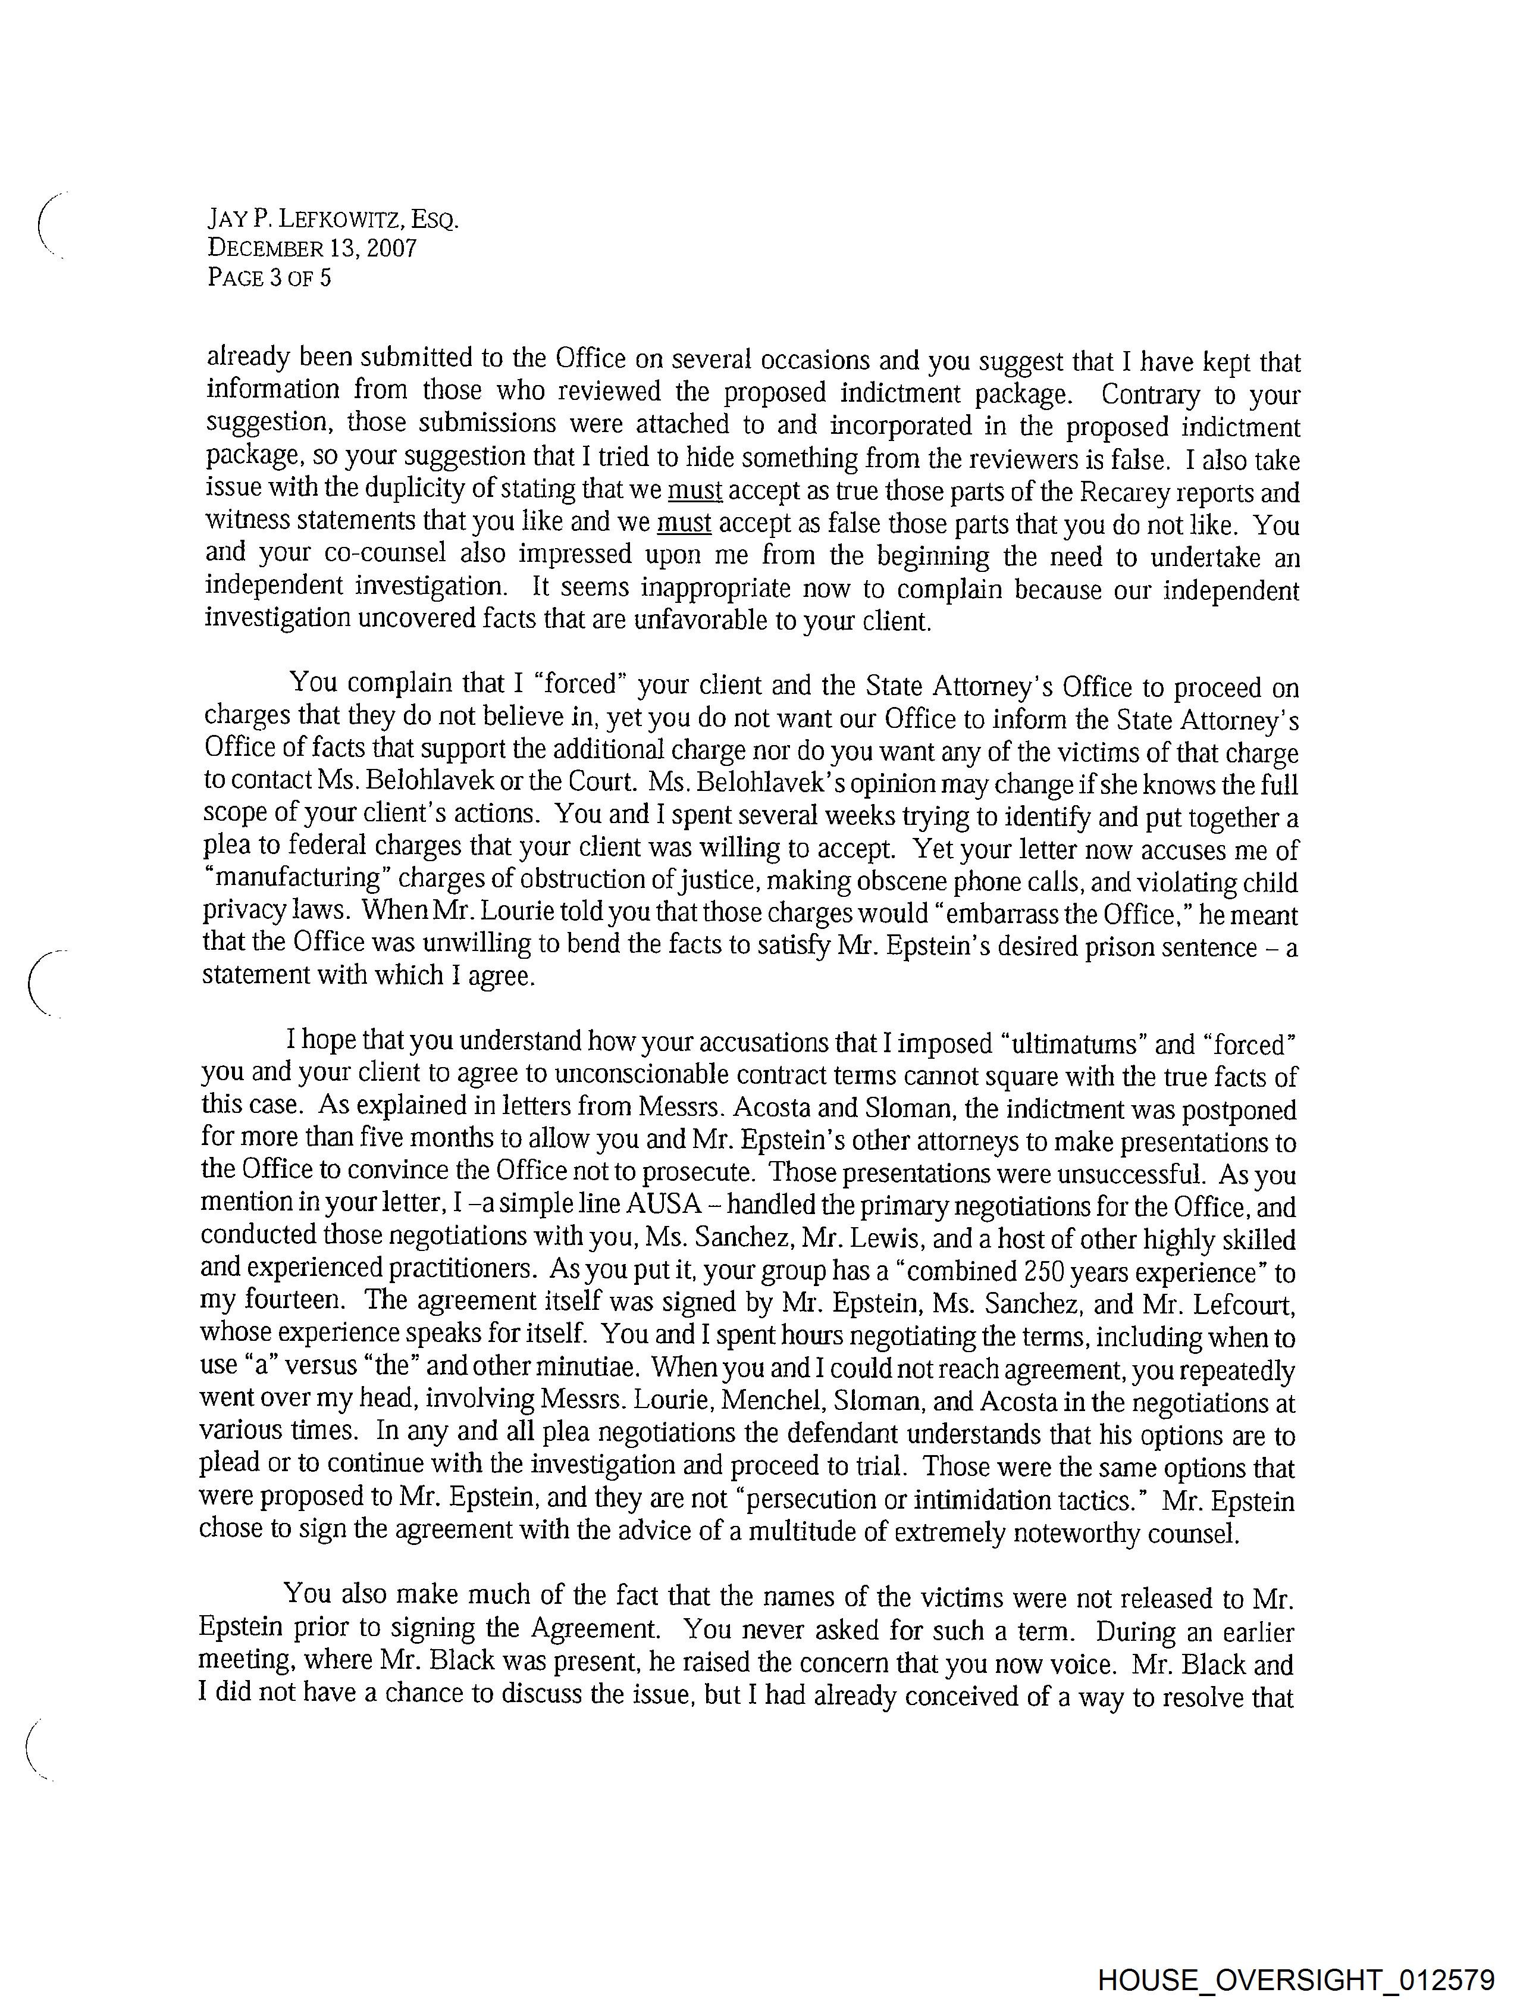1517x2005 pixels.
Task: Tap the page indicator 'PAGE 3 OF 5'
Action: tap(269, 277)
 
